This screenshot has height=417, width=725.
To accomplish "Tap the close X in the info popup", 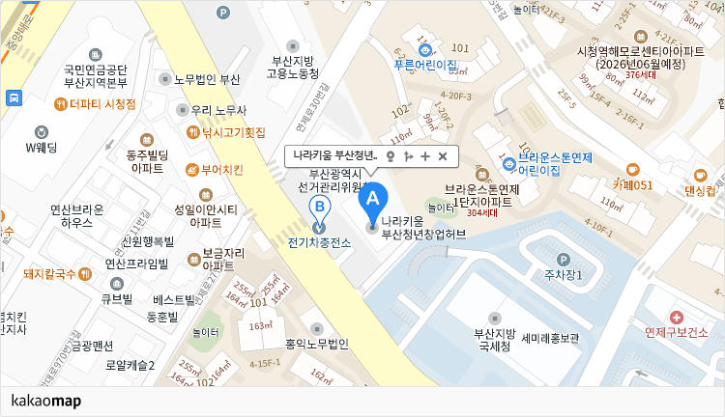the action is [443, 156].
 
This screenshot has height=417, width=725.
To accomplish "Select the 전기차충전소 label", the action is [319, 242].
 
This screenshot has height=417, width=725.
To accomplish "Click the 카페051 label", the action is [633, 184].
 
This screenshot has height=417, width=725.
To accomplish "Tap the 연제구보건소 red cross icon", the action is [676, 317].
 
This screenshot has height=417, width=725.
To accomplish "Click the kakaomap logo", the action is [45, 401].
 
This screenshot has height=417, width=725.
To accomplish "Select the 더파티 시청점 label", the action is [102, 103].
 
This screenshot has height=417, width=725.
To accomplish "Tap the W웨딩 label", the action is [42, 147].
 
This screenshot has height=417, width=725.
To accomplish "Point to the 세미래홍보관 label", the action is [550, 339].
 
